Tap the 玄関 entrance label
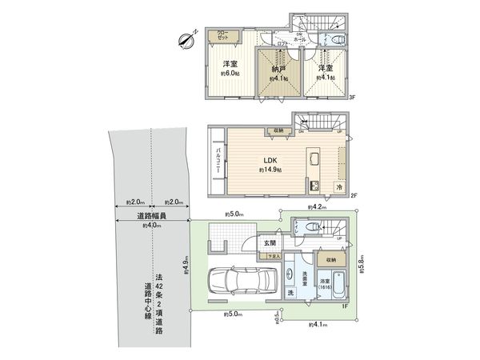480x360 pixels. (x=269, y=243)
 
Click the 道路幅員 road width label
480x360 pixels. (x=150, y=216)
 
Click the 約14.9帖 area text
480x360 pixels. (x=269, y=170)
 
